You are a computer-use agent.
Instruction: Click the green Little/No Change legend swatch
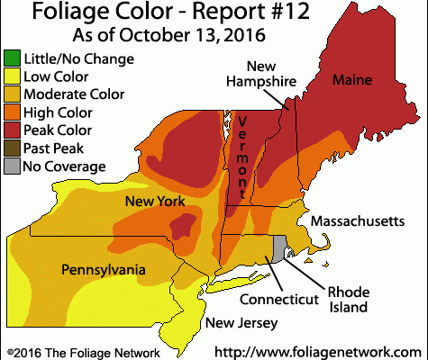pyautogui.click(x=12, y=59)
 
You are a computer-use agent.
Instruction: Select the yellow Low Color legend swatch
pyautogui.click(x=12, y=77)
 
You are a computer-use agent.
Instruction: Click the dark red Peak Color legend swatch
pyautogui.click(x=12, y=130)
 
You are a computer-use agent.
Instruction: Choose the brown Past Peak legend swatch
pyautogui.click(x=12, y=148)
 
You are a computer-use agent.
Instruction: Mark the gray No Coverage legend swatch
pyautogui.click(x=12, y=166)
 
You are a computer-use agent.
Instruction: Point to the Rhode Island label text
pyautogui.click(x=347, y=300)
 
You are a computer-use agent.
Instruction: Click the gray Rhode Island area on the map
pyautogui.click(x=280, y=245)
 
